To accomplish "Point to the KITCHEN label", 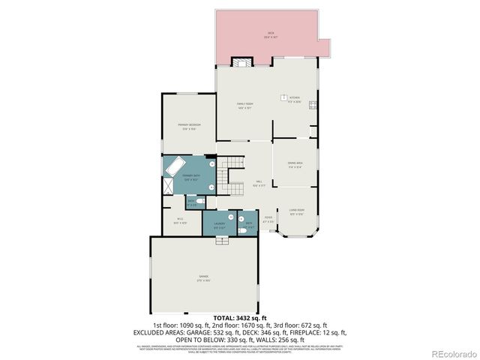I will [x=295, y=98].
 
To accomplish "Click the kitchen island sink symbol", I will [x=285, y=95].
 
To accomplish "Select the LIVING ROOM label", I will [x=297, y=211].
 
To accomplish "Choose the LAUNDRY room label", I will [x=220, y=224].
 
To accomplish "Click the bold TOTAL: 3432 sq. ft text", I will [x=240, y=319].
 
